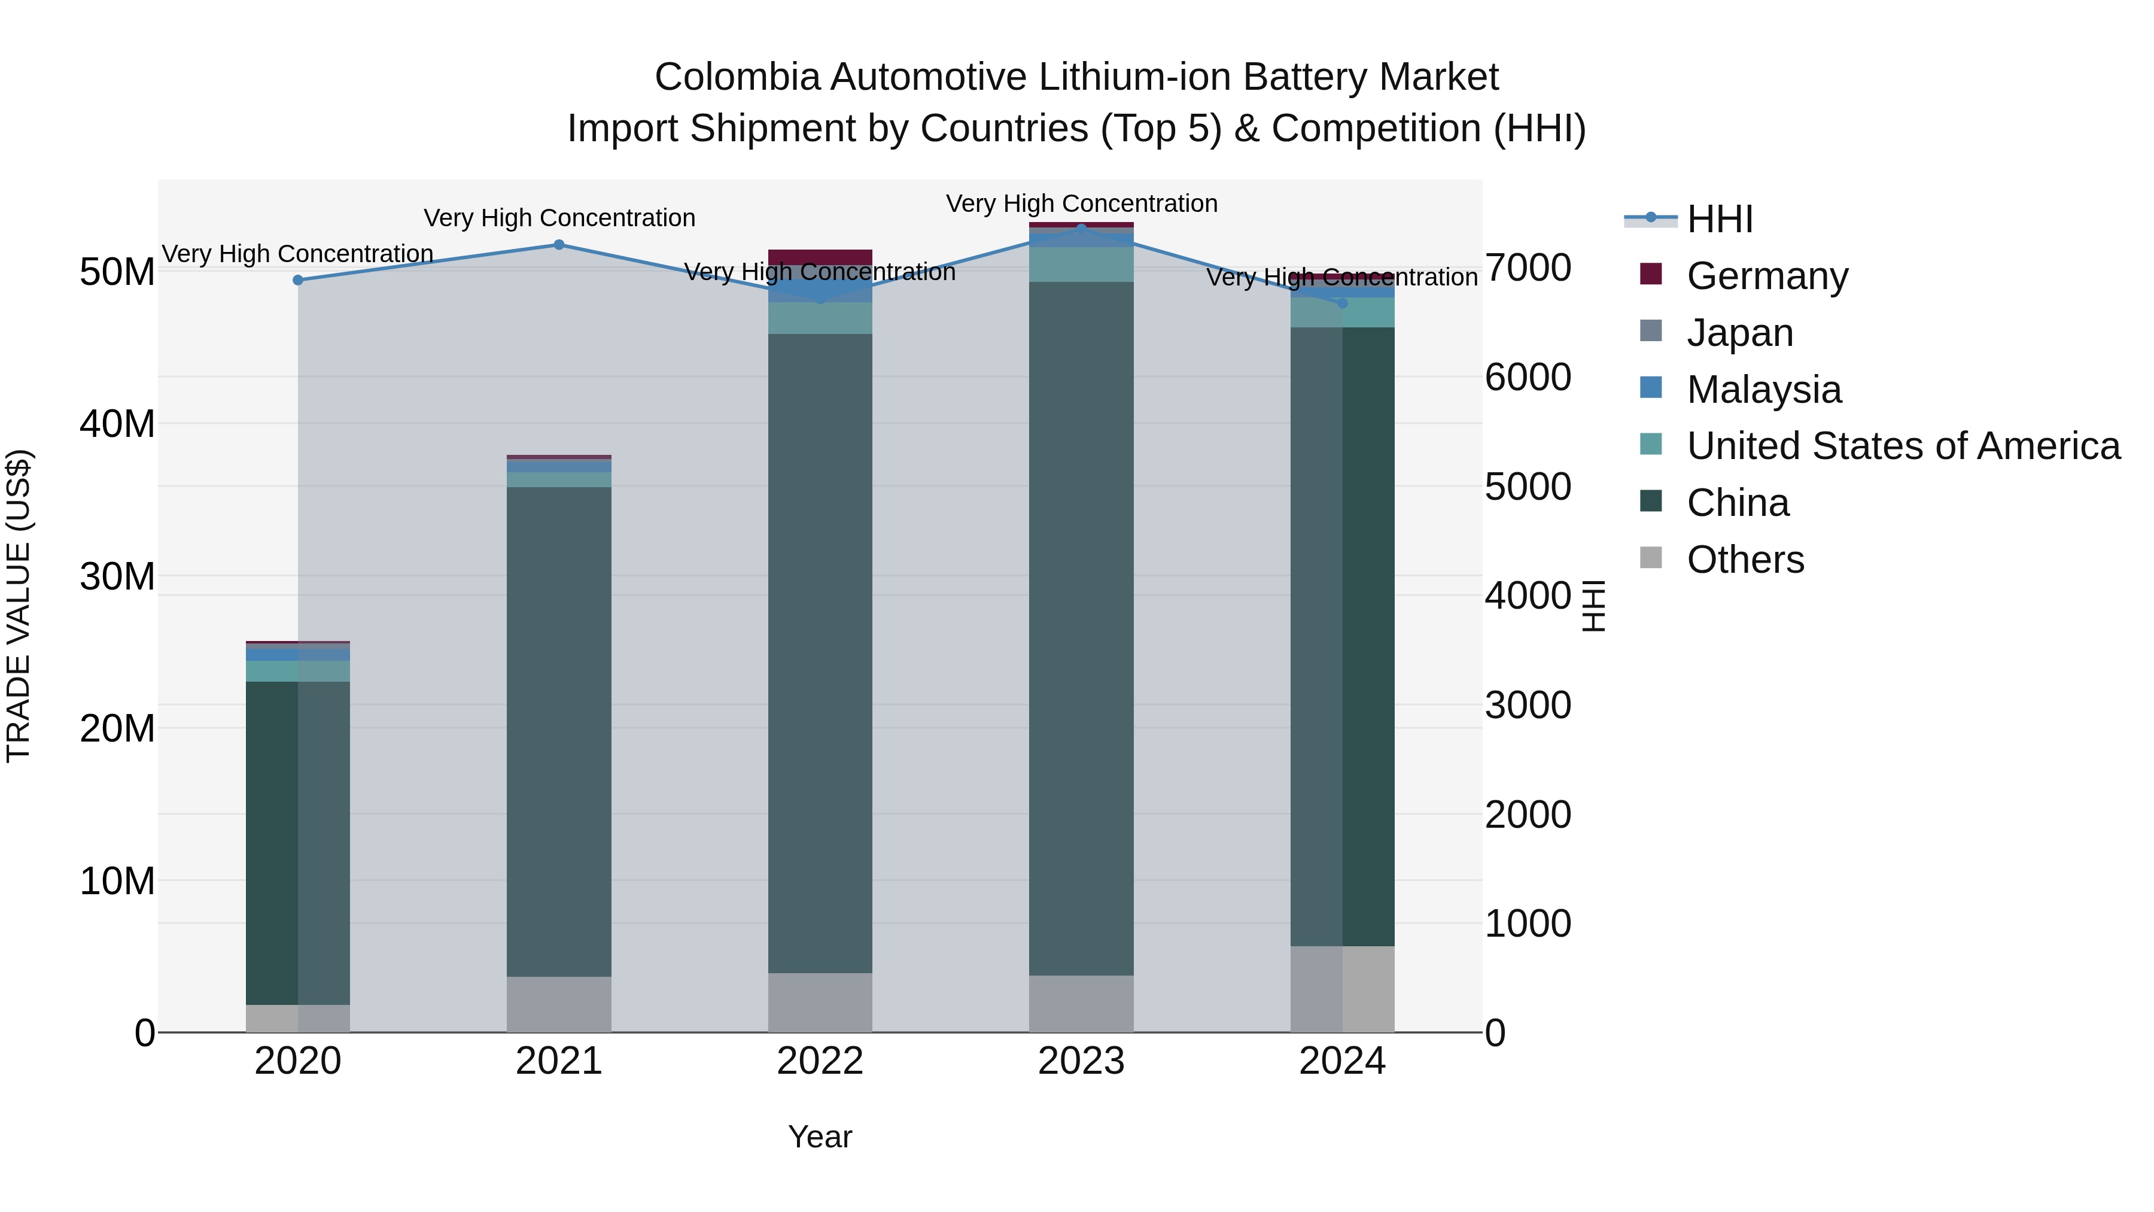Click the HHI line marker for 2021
point(559,245)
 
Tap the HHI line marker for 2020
point(298,280)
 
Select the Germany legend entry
point(1766,276)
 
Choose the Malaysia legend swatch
point(1651,388)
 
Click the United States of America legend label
point(1903,446)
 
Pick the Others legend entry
point(1745,560)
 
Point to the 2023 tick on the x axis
point(1081,1061)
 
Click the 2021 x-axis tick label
point(559,1061)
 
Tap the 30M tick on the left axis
point(117,576)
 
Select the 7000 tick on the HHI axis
point(1528,269)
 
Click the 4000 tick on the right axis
point(1528,596)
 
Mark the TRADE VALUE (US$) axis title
point(19,606)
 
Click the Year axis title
point(820,1137)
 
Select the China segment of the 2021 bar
point(559,732)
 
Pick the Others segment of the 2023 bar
point(1081,1004)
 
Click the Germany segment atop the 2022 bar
point(820,257)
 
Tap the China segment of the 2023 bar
point(1081,627)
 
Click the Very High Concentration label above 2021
point(559,218)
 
